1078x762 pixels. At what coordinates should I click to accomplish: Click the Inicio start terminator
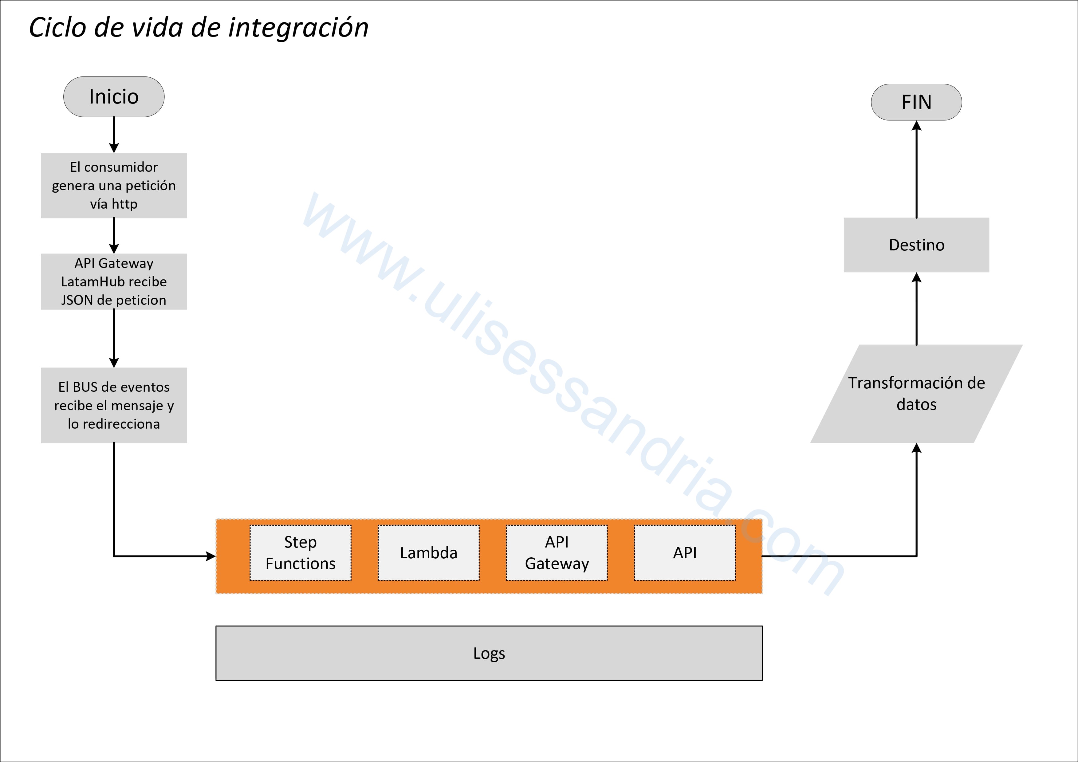114,97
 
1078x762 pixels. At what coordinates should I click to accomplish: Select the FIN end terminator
916,102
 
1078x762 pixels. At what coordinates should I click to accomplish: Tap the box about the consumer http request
114,186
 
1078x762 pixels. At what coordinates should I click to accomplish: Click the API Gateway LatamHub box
114,282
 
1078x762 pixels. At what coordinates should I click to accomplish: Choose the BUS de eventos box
114,405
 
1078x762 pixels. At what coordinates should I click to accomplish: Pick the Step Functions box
301,552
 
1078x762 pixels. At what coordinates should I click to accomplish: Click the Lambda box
429,552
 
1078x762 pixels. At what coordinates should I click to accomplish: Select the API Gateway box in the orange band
557,552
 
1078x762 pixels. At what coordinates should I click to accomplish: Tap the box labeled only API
685,552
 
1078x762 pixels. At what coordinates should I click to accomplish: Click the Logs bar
489,653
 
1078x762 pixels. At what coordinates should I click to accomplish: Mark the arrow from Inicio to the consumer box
114,135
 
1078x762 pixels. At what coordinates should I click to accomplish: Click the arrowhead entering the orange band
211,556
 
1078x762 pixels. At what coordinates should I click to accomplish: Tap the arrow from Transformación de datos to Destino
916,309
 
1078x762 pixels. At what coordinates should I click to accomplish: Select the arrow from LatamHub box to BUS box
114,339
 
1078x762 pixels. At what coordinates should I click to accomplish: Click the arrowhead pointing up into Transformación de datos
916,448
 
